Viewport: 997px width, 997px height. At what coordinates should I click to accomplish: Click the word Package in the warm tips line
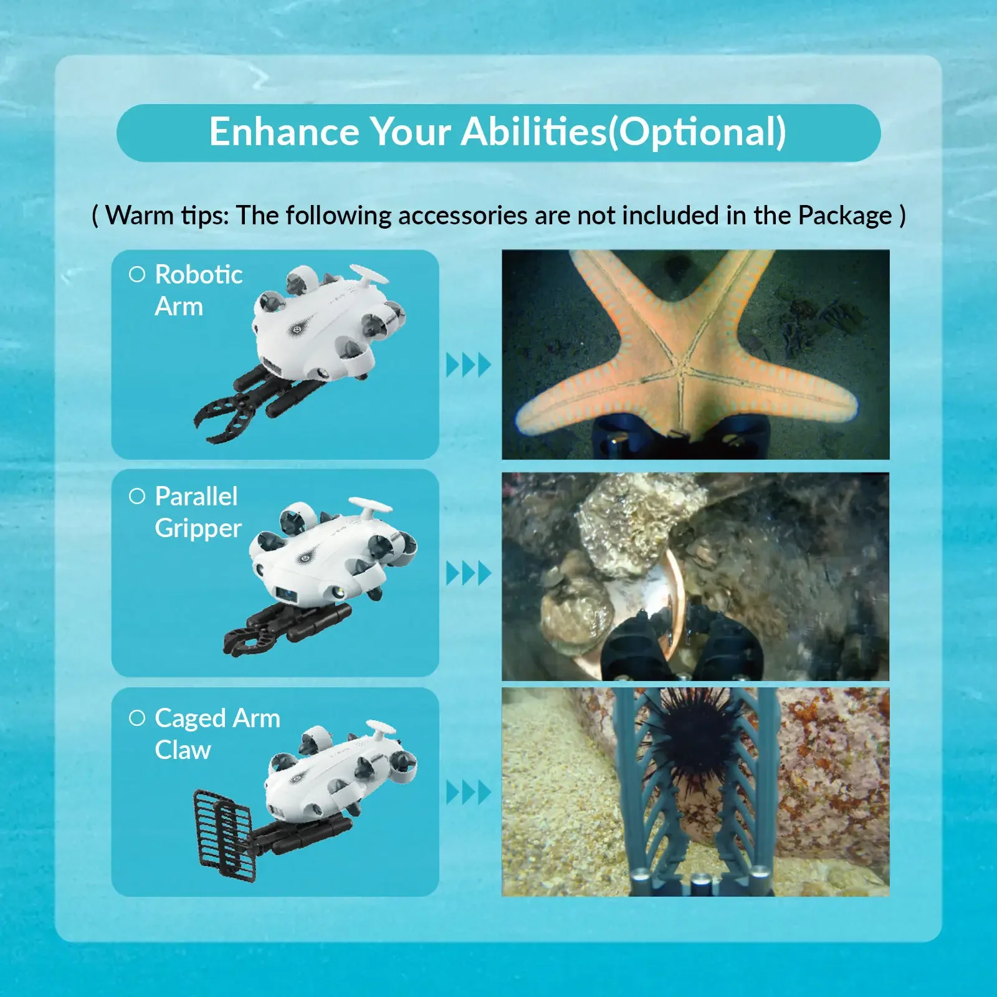pyautogui.click(x=845, y=216)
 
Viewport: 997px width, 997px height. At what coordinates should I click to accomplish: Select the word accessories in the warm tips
pyautogui.click(x=463, y=216)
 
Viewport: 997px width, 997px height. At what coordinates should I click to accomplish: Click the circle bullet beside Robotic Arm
pyautogui.click(x=137, y=274)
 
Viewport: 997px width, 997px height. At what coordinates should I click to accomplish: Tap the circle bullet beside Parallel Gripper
pyautogui.click(x=137, y=496)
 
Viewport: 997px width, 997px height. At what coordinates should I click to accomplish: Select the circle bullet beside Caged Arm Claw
pyautogui.click(x=137, y=718)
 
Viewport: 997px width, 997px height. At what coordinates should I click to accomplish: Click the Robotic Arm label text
pyautogui.click(x=199, y=290)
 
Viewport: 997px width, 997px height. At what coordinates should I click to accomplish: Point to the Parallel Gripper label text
pyautogui.click(x=198, y=512)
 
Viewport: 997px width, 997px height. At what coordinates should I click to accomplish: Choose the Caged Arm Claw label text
pyautogui.click(x=217, y=733)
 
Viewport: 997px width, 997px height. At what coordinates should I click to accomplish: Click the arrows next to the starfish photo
pyautogui.click(x=469, y=365)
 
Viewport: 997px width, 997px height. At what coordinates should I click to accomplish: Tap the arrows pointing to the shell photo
pyautogui.click(x=469, y=573)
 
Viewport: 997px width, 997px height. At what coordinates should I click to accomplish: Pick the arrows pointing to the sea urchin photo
pyautogui.click(x=469, y=793)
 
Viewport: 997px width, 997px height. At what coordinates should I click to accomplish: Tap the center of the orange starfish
pyautogui.click(x=681, y=370)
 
